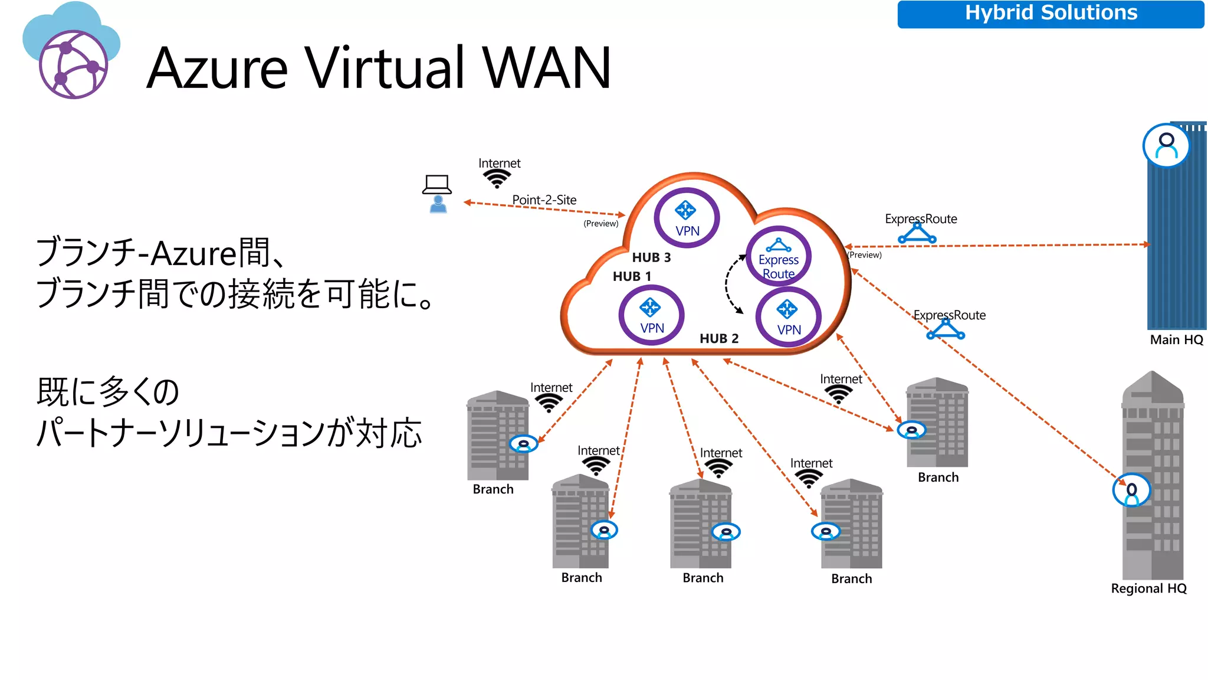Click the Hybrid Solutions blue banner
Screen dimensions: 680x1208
(x=1050, y=14)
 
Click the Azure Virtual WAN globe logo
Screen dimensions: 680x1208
(x=73, y=64)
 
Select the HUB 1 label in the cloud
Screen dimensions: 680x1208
(x=632, y=276)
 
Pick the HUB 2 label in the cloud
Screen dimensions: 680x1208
(x=718, y=338)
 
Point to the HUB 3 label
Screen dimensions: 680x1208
(x=651, y=257)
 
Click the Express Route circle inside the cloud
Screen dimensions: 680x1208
(x=779, y=257)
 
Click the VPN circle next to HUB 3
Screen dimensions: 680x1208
(x=687, y=218)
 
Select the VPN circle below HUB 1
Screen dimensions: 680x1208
(x=651, y=315)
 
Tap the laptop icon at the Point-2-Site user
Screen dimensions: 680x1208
(x=437, y=184)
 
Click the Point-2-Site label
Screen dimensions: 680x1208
(x=544, y=200)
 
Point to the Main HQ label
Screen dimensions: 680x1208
(x=1176, y=339)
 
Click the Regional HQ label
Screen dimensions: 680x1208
(x=1148, y=589)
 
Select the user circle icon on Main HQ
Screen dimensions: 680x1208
(x=1166, y=146)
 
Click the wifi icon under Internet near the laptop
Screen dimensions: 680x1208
(x=497, y=178)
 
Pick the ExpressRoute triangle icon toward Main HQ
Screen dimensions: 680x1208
(x=917, y=234)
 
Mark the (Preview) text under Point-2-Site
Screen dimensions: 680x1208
(x=600, y=223)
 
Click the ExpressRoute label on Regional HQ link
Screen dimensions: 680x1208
(x=949, y=315)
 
